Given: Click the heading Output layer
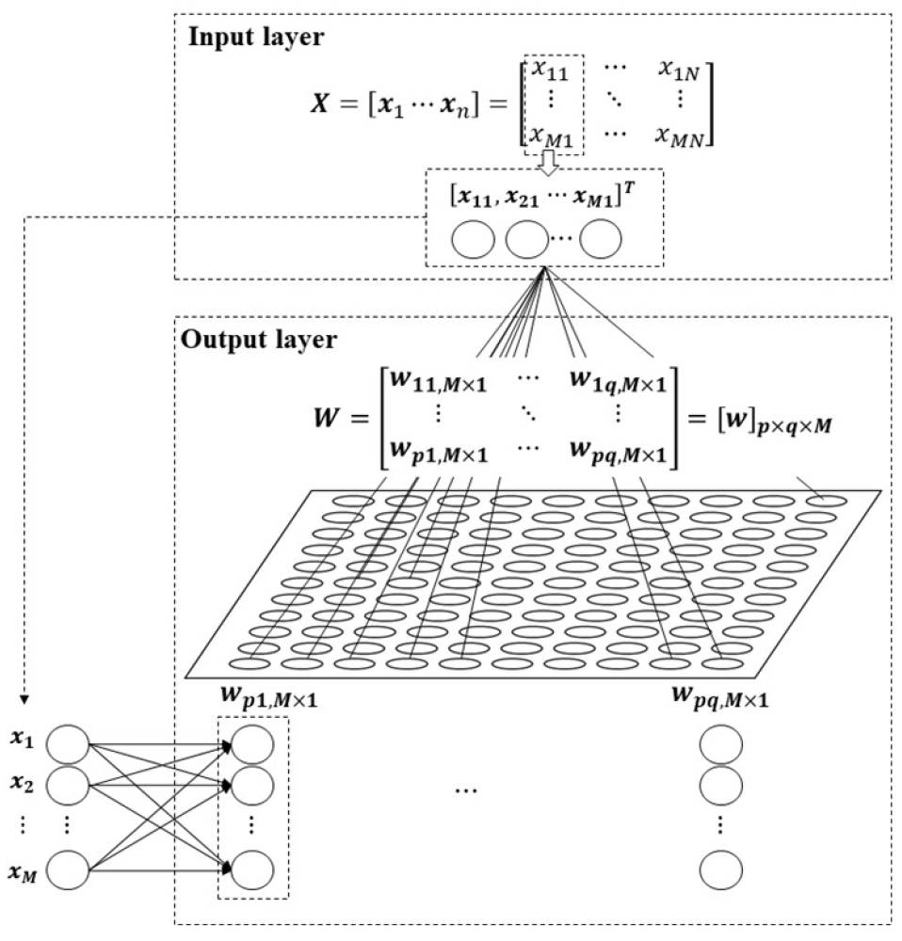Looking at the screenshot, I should (x=257, y=340).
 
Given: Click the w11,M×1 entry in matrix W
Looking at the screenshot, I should (x=440, y=383).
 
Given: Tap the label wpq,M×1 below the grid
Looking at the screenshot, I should (x=717, y=697).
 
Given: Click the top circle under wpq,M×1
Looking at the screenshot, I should (x=721, y=743).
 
